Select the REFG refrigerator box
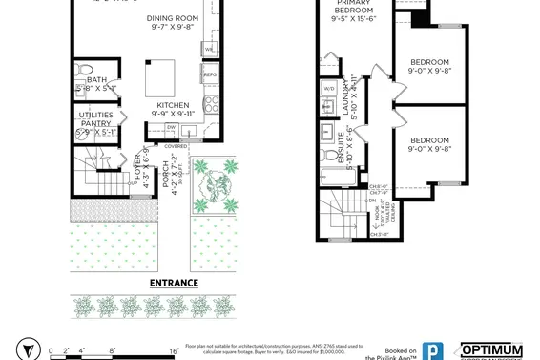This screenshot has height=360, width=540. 210,74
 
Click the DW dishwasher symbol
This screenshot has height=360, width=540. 172,126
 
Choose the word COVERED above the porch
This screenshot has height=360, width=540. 176,146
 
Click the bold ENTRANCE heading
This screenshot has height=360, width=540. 174,283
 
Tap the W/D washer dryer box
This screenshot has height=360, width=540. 328,89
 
